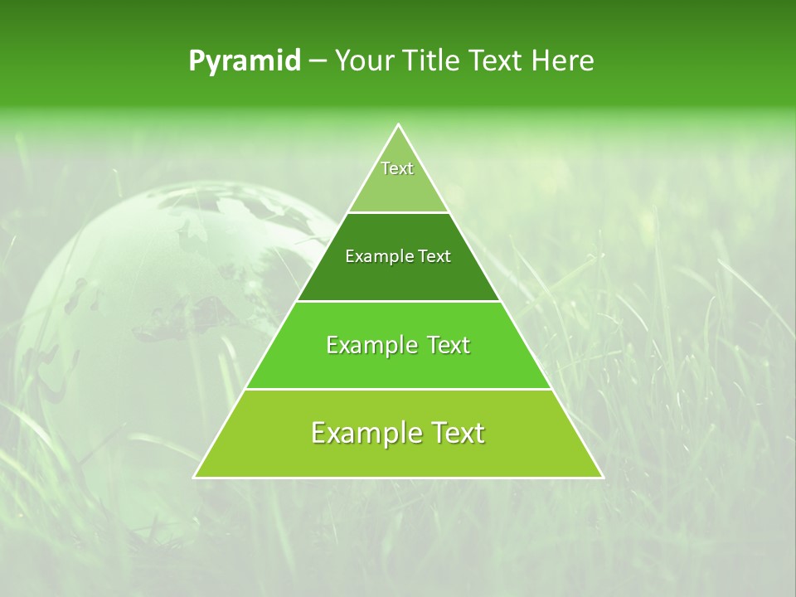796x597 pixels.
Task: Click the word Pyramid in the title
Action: pos(245,61)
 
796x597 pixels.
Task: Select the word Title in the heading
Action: pos(432,61)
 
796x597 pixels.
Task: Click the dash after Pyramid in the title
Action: pos(318,61)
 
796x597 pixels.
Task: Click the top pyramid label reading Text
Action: pos(397,168)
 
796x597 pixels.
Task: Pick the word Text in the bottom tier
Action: pos(452,433)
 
